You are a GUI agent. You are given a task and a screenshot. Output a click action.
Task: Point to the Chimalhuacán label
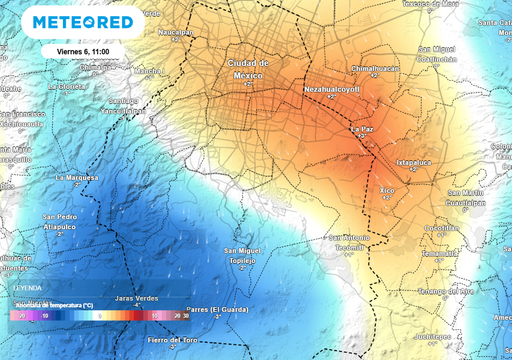coord(375,68)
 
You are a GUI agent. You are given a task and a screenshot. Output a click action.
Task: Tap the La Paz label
coord(363,128)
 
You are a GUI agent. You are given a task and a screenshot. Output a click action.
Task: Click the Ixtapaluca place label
coord(419,160)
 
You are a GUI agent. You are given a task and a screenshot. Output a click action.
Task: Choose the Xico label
coord(388,188)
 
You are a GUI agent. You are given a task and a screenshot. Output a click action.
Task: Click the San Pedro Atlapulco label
coord(62,222)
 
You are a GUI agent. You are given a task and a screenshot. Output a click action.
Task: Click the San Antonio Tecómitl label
coord(349,241)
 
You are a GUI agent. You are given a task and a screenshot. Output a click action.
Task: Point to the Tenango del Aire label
coord(443,291)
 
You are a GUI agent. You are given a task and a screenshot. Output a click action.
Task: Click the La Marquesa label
coord(78,177)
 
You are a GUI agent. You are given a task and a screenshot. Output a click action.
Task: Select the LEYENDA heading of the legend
coord(27,286)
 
